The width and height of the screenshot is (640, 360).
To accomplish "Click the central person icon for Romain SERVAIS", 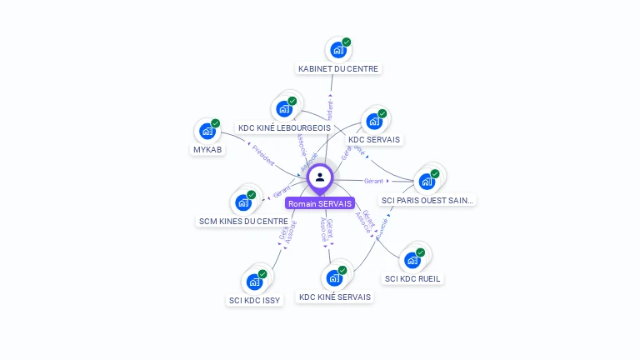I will pyautogui.click(x=320, y=177).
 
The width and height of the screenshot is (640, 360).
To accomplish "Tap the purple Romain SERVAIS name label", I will pyautogui.click(x=320, y=203).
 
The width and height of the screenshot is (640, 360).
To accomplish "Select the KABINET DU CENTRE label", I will pyautogui.click(x=338, y=68).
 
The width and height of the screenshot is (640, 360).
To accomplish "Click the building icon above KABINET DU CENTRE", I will pyautogui.click(x=338, y=50).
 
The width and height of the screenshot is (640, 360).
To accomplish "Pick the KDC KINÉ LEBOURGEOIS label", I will pyautogui.click(x=284, y=127).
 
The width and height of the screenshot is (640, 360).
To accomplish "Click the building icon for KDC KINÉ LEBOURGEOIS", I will pyautogui.click(x=284, y=108).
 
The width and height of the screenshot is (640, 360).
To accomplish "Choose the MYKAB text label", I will pyautogui.click(x=207, y=150).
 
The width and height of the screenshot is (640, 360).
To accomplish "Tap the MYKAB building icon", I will pyautogui.click(x=207, y=131).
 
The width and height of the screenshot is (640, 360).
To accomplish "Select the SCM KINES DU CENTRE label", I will pyautogui.click(x=244, y=221).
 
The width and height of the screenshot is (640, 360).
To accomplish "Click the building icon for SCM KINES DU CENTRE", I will pyautogui.click(x=243, y=202).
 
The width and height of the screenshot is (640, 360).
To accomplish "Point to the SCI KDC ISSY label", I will pyautogui.click(x=255, y=300).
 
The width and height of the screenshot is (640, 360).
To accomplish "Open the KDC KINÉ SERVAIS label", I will pyautogui.click(x=336, y=297).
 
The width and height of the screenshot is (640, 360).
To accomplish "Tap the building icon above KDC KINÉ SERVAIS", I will pyautogui.click(x=336, y=277).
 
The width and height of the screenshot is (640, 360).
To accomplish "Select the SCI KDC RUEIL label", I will pyautogui.click(x=412, y=278).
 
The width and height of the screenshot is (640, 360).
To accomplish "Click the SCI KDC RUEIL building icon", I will pyautogui.click(x=412, y=259).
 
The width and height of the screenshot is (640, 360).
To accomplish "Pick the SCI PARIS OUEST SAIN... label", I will pyautogui.click(x=428, y=200).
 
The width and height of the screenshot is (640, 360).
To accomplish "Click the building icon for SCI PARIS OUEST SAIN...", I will pyautogui.click(x=427, y=181).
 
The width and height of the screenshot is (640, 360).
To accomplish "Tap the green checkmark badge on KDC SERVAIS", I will pyautogui.click(x=382, y=113).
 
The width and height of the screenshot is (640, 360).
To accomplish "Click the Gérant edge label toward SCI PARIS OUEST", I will pyautogui.click(x=373, y=181).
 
